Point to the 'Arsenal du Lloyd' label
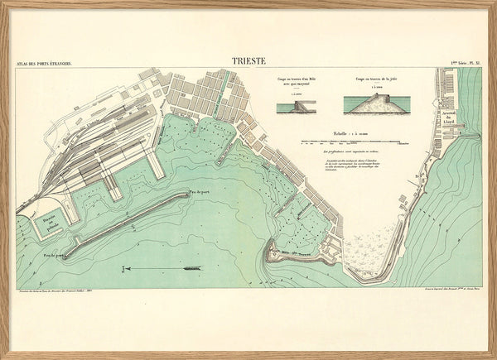coord(449,118)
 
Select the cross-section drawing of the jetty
coord(370,104)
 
